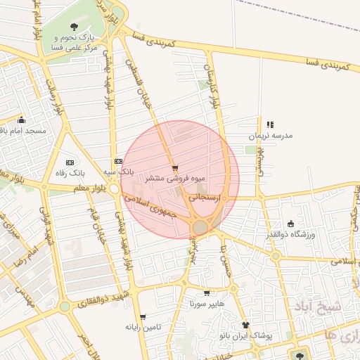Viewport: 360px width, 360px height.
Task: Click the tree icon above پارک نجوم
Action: coord(75,27)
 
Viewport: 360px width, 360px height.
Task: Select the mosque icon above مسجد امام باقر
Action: coord(22,120)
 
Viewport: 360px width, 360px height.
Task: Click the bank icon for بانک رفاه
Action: coord(69,162)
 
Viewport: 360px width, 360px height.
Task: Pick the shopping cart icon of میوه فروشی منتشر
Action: coord(174,167)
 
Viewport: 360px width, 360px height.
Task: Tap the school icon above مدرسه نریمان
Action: coord(270,124)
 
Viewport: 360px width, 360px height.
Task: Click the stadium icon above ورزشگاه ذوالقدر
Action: coord(291,224)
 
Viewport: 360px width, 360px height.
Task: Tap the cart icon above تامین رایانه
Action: coord(143,316)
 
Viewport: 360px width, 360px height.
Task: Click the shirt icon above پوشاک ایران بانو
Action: coord(245,324)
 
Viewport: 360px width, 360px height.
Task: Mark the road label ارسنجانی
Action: coord(206,199)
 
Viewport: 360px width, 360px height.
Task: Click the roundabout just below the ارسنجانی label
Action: coord(201,227)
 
